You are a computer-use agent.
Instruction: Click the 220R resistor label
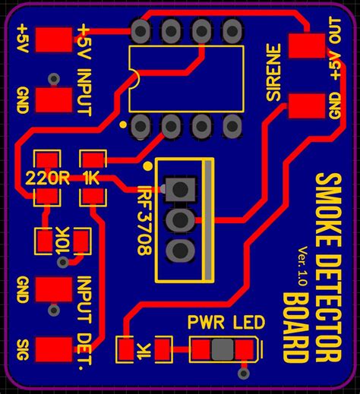pos(48,178)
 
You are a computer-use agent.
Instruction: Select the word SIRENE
pos(274,74)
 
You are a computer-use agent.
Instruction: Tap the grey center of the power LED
pos(222,350)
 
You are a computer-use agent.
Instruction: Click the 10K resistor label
pos(62,241)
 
